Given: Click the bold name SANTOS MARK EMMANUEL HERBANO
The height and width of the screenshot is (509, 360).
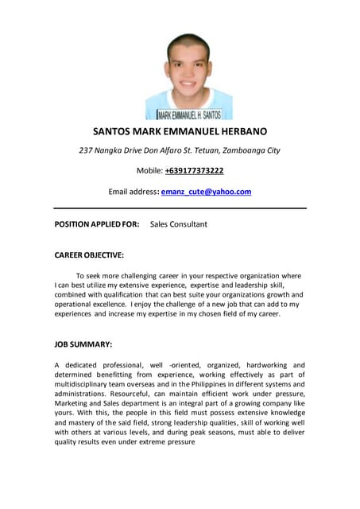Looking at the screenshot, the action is (x=180, y=131).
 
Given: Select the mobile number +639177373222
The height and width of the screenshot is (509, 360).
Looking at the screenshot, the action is (x=194, y=171).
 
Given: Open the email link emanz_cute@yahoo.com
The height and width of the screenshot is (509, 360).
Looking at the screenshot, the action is (x=206, y=192).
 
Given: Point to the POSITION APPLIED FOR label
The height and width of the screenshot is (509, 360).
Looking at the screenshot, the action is (x=97, y=224).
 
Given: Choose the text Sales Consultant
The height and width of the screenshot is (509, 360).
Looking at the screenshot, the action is (x=178, y=224).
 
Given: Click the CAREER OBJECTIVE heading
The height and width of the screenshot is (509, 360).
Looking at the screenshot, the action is (x=89, y=255).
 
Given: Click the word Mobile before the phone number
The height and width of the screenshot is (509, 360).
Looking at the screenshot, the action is (x=149, y=171).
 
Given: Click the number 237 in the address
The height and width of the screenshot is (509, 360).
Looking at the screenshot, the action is (x=85, y=150).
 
